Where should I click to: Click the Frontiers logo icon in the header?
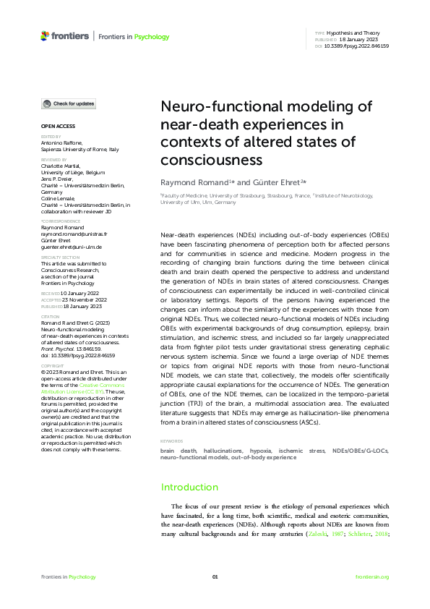pos(46,35)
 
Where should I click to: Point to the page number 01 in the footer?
pos(215,576)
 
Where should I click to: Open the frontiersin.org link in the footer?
pos(372,576)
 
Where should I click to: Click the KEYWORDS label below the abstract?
pos(172,440)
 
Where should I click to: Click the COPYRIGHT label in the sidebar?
pos(53,366)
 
